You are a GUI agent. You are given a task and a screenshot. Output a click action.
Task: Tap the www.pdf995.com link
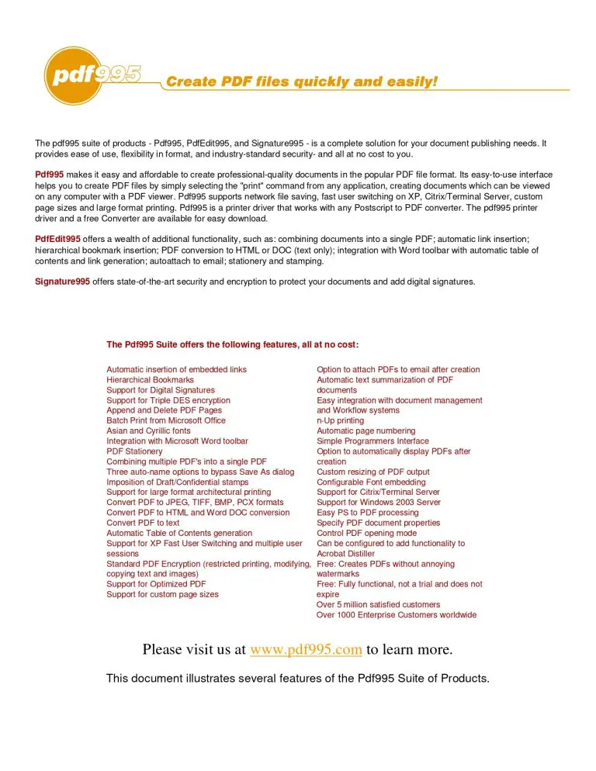pyautogui.click(x=306, y=649)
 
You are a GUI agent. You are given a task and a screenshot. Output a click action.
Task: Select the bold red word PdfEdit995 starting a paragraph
pyautogui.click(x=57, y=239)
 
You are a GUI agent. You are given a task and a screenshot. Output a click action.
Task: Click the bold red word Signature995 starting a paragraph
pyautogui.click(x=62, y=282)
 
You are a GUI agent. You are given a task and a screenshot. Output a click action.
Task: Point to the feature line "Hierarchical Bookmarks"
pyautogui.click(x=150, y=380)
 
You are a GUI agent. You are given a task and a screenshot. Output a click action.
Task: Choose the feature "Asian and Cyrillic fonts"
pyautogui.click(x=148, y=430)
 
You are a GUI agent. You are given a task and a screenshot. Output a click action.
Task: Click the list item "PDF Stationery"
pyautogui.click(x=134, y=451)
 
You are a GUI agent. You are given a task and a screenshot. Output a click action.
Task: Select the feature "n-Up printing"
pyautogui.click(x=340, y=420)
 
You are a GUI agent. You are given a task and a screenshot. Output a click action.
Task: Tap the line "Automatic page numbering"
pyautogui.click(x=366, y=430)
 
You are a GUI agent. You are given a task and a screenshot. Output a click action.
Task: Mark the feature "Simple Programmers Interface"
pyautogui.click(x=372, y=441)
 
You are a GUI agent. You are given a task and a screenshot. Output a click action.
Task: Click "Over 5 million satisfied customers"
pyautogui.click(x=378, y=604)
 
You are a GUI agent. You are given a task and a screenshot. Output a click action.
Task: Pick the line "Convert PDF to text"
pyautogui.click(x=143, y=523)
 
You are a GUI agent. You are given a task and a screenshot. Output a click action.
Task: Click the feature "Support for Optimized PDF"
pyautogui.click(x=156, y=584)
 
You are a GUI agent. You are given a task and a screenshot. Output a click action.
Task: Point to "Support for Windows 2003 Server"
pyautogui.click(x=378, y=503)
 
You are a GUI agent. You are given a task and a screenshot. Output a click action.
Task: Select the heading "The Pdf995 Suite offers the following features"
pyautogui.click(x=232, y=344)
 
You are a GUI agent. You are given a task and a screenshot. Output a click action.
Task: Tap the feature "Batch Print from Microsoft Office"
pyautogui.click(x=166, y=420)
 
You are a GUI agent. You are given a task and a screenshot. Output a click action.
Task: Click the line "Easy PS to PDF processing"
pyautogui.click(x=367, y=513)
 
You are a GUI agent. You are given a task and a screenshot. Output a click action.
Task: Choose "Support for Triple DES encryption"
pyautogui.click(x=168, y=400)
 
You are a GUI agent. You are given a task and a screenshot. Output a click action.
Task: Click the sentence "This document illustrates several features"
pyautogui.click(x=297, y=679)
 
